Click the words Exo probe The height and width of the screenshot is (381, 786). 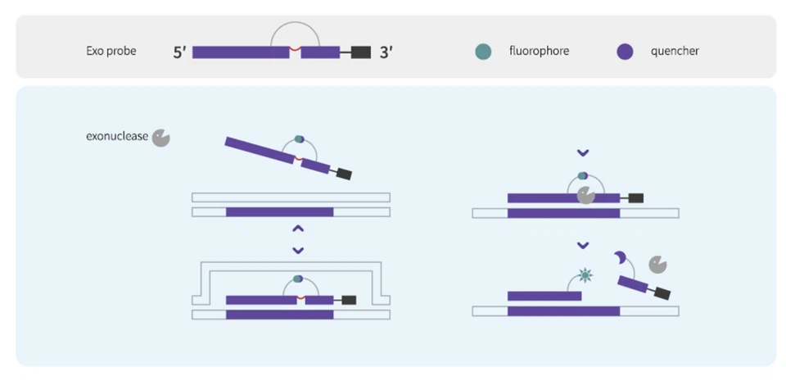tap(111, 51)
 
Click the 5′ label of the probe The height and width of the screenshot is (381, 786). tap(180, 52)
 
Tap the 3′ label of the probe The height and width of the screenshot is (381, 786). tap(386, 52)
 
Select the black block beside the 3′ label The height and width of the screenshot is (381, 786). tap(361, 52)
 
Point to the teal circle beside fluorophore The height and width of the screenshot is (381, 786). tap(483, 52)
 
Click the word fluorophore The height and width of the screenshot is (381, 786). tap(539, 51)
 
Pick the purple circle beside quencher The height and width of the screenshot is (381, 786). tap(625, 52)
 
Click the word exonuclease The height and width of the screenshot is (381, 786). tap(117, 136)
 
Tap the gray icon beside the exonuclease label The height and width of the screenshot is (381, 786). tap(160, 137)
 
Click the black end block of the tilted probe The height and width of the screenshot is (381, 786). tap(343, 174)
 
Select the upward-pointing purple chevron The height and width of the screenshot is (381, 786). tap(298, 229)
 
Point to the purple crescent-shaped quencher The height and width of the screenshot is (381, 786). tap(621, 259)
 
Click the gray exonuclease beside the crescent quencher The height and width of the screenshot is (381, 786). tap(657, 264)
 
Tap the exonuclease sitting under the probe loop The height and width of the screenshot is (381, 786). tap(585, 195)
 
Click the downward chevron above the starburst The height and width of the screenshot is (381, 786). tap(583, 245)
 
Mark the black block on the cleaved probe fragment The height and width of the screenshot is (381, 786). tap(662, 293)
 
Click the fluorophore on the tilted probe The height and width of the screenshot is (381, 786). tap(299, 140)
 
